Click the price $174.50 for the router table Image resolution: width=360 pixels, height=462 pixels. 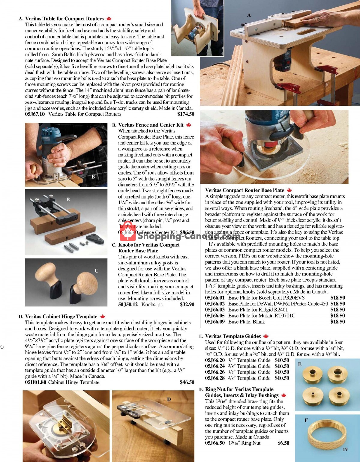[x=186, y=114]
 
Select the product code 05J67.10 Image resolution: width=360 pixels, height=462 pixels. [x=35, y=114]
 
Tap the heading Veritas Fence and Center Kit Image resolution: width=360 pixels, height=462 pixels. [x=151, y=125]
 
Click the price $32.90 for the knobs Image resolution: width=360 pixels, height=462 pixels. [x=187, y=304]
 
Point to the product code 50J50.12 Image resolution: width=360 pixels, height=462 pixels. [x=128, y=304]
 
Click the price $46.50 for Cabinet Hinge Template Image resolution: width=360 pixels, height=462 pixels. [x=187, y=382]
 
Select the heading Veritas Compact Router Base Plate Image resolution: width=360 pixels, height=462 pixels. [x=244, y=190]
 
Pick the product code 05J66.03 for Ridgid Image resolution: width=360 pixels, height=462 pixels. [x=215, y=309]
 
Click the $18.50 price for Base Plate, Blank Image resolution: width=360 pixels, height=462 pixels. [x=337, y=321]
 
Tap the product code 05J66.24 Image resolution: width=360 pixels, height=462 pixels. [x=215, y=366]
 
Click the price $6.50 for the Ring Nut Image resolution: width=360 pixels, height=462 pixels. [x=283, y=443]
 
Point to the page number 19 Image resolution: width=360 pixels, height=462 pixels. [x=345, y=449]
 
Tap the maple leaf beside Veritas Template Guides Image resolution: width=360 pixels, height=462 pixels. [x=266, y=336]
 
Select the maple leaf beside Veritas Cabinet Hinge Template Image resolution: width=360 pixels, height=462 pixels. [x=103, y=316]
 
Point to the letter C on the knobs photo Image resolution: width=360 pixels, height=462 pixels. [x=96, y=270]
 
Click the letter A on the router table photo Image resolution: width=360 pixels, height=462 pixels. [x=249, y=15]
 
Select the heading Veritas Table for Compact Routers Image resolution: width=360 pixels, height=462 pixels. [x=64, y=19]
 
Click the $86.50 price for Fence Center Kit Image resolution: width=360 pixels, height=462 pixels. [x=187, y=232]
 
